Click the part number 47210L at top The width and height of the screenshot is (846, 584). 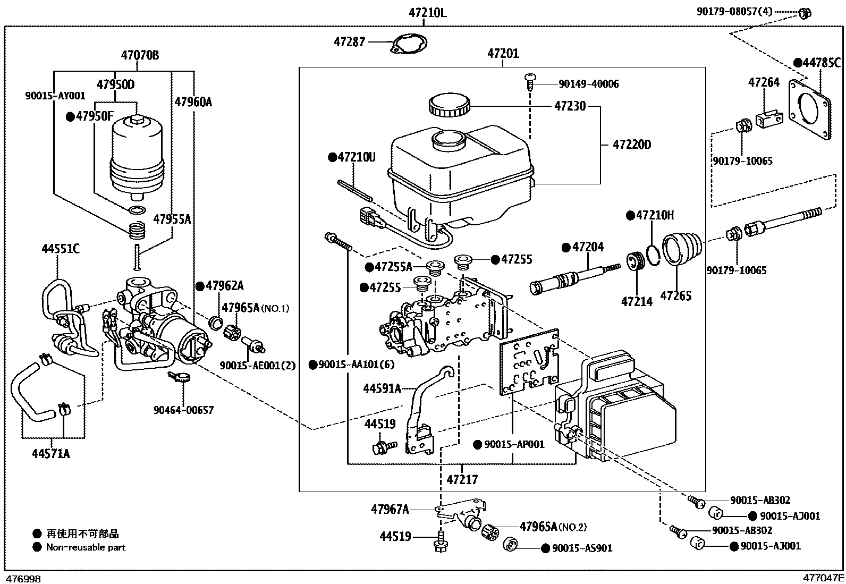427,12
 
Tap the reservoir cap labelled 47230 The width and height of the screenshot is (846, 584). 449,104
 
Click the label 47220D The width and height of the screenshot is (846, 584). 632,145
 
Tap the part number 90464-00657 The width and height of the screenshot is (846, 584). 183,410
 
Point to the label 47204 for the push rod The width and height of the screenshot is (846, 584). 588,247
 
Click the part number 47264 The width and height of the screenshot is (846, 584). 764,82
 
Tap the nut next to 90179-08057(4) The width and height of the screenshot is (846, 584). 805,13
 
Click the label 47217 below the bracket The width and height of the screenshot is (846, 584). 462,479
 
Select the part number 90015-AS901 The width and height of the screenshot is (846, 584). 582,548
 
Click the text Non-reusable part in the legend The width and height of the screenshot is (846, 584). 86,547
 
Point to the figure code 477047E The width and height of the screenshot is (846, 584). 823,578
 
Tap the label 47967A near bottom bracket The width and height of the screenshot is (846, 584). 390,510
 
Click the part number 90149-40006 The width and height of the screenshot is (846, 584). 588,84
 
